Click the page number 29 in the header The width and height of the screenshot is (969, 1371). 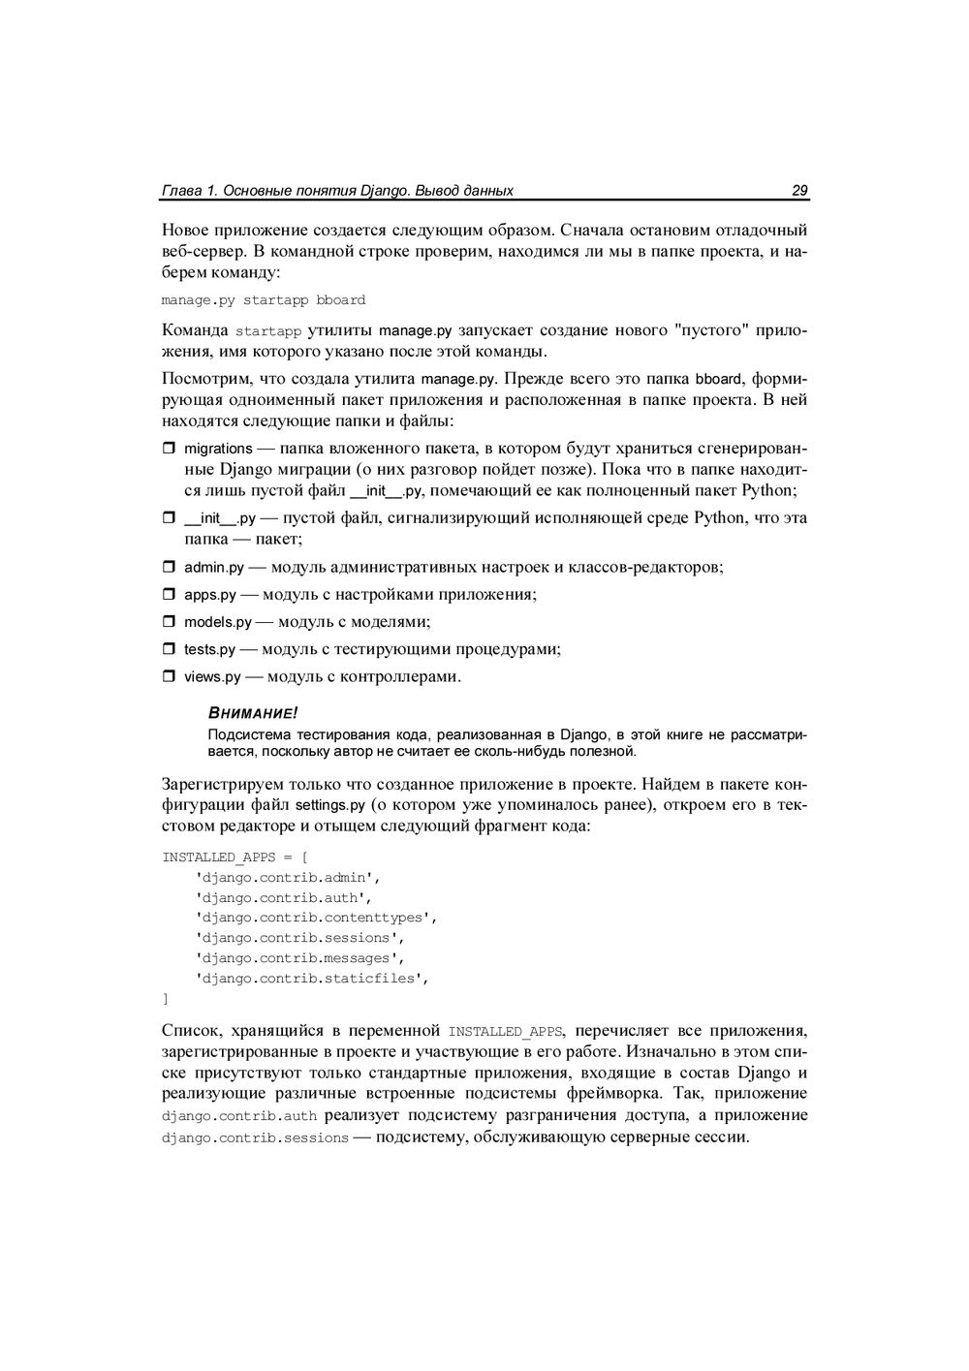pos(799,191)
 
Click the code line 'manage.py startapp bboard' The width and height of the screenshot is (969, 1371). pos(263,300)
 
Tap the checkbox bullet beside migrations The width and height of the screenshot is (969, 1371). pos(167,449)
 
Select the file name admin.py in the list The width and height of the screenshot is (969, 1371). pos(213,567)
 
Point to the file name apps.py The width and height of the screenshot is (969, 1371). pos(209,595)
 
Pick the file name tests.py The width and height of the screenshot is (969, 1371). pos(209,649)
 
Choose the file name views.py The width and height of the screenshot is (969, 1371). pos(211,677)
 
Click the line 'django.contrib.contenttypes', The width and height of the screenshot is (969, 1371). pos(316,918)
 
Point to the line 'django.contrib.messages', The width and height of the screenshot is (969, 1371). pos(298,958)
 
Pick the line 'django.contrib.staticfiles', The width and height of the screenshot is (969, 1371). pos(311,979)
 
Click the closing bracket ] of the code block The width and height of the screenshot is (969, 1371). pos(165,999)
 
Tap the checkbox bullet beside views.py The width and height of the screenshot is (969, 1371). pos(167,676)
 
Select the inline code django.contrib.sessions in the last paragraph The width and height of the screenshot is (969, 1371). pos(255,1138)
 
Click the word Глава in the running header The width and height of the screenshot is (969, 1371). pos(181,191)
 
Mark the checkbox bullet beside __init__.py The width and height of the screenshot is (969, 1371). pos(167,518)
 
